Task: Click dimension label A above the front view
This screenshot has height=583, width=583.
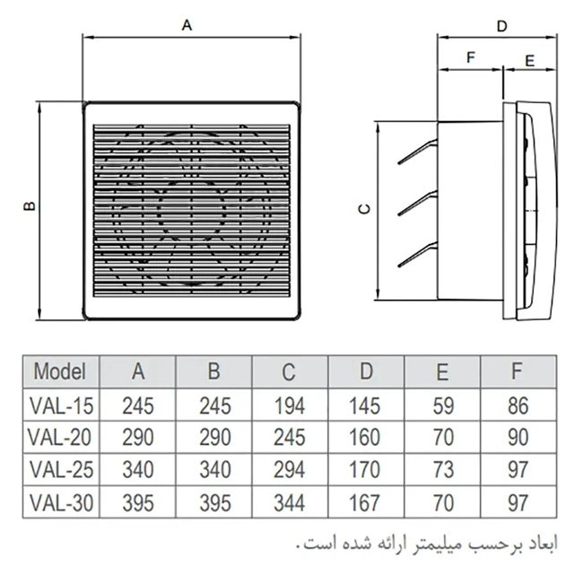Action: coord(187,25)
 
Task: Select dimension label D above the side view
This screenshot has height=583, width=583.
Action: coord(502,26)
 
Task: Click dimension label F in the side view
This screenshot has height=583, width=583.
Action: coord(471,57)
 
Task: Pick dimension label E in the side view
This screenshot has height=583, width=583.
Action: coord(529,61)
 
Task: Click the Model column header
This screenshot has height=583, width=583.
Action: coord(60,371)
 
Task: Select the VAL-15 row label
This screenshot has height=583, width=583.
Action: coord(61,405)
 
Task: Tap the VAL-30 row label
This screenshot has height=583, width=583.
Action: coord(61,503)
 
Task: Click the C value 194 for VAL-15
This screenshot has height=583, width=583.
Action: coord(290,405)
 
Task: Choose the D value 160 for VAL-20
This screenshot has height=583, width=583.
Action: coord(365,438)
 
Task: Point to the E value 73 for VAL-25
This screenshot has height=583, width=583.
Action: coord(443,470)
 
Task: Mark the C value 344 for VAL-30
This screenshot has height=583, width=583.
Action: coord(290,503)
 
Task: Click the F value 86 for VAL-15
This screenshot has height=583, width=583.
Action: coord(518,405)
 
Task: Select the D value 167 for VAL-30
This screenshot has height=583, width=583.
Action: coord(365,503)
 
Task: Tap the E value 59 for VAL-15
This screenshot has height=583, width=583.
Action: coord(443,405)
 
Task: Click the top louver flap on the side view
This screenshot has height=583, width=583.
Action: coord(418,152)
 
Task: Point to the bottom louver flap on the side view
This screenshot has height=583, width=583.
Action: coord(418,255)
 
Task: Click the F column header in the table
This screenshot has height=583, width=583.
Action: coord(517,370)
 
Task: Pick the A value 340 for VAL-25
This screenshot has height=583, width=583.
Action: coord(138,470)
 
